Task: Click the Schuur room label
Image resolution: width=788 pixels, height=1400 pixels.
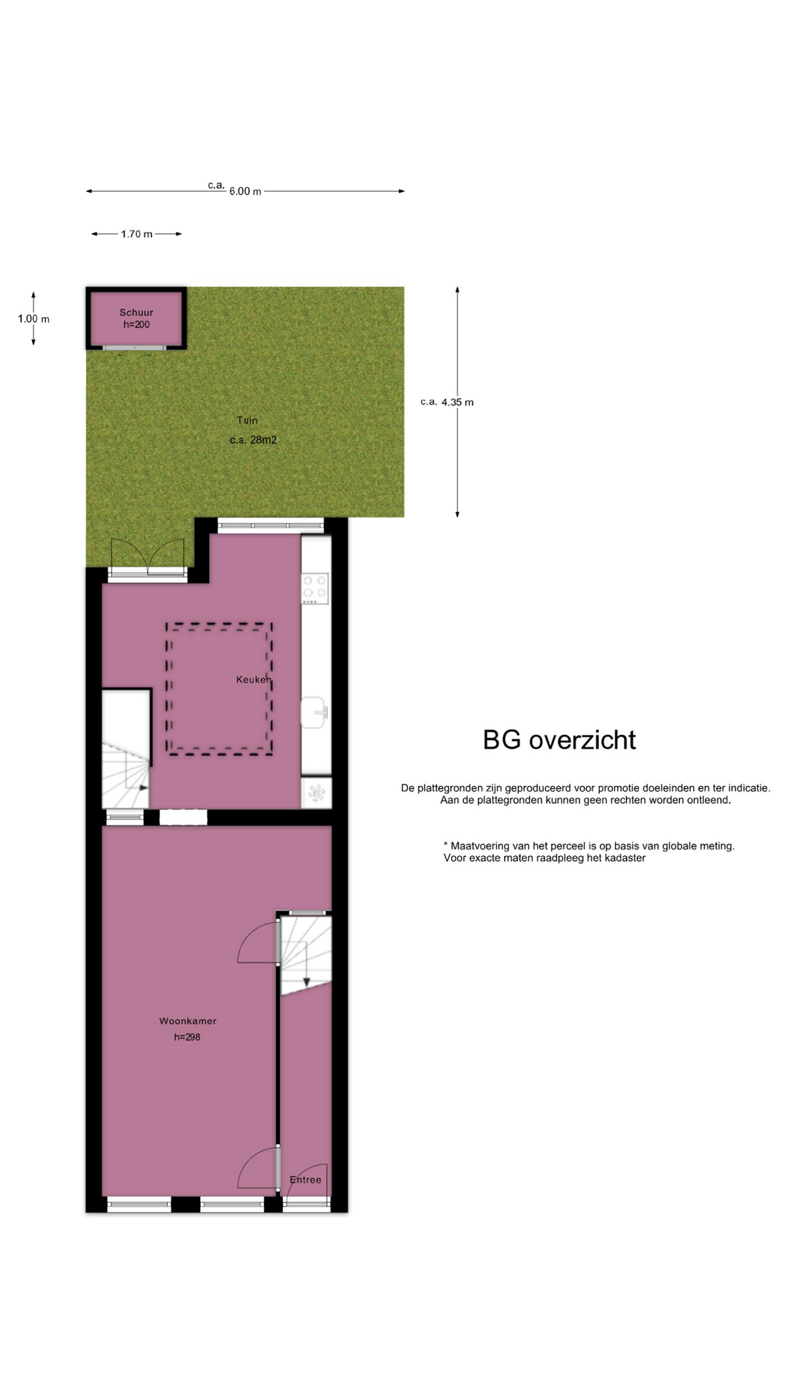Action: pyautogui.click(x=136, y=312)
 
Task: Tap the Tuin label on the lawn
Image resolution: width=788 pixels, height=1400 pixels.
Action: pyautogui.click(x=247, y=420)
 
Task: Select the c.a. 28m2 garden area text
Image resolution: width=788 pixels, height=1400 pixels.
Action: pyautogui.click(x=253, y=440)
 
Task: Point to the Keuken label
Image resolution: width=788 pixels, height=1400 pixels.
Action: pyautogui.click(x=254, y=680)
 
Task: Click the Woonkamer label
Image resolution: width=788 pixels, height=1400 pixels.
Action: pyautogui.click(x=188, y=1021)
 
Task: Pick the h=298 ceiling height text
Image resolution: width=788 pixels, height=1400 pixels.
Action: pyautogui.click(x=187, y=1037)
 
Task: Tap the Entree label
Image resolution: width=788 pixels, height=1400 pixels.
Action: pyautogui.click(x=305, y=1179)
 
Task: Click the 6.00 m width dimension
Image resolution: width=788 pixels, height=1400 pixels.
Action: pyautogui.click(x=245, y=191)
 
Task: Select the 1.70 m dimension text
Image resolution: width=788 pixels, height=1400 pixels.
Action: pyautogui.click(x=137, y=234)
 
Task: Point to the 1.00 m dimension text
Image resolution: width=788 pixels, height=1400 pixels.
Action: pyautogui.click(x=34, y=319)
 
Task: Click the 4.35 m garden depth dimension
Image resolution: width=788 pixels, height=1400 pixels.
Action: pyautogui.click(x=457, y=402)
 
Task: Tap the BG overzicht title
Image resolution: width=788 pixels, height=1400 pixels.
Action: pyautogui.click(x=560, y=740)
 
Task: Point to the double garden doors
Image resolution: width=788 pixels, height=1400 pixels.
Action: pyautogui.click(x=147, y=559)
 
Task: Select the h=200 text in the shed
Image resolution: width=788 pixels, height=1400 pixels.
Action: pyautogui.click(x=136, y=324)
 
